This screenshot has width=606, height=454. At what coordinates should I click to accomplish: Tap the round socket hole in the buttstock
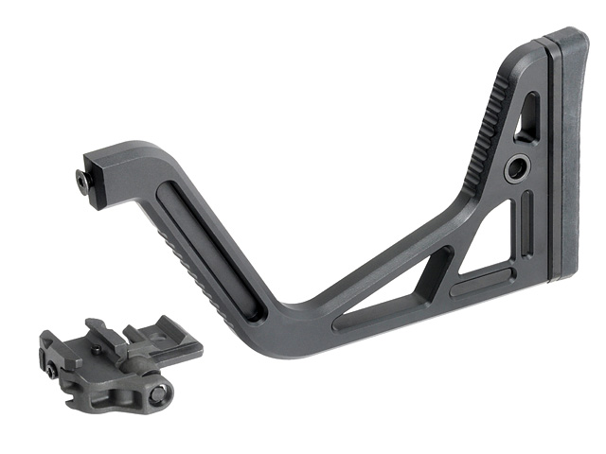(x=517, y=169)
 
